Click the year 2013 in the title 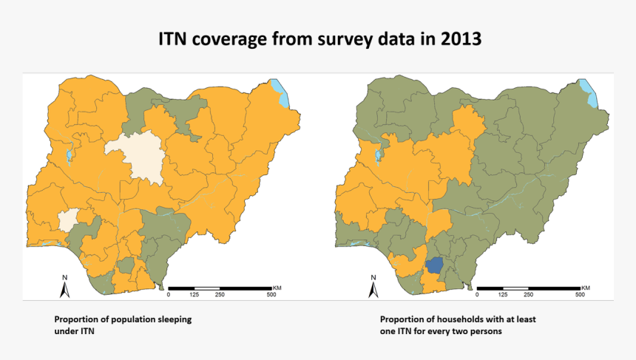point(459,39)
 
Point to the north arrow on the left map point(65,285)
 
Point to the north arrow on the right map point(373,285)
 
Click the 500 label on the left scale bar point(271,295)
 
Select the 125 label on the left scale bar point(194,295)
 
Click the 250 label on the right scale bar point(528,295)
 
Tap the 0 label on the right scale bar point(477,295)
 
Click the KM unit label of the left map point(277,287)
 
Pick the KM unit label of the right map point(586,287)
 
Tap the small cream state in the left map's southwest point(69,220)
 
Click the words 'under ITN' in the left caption point(74,332)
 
